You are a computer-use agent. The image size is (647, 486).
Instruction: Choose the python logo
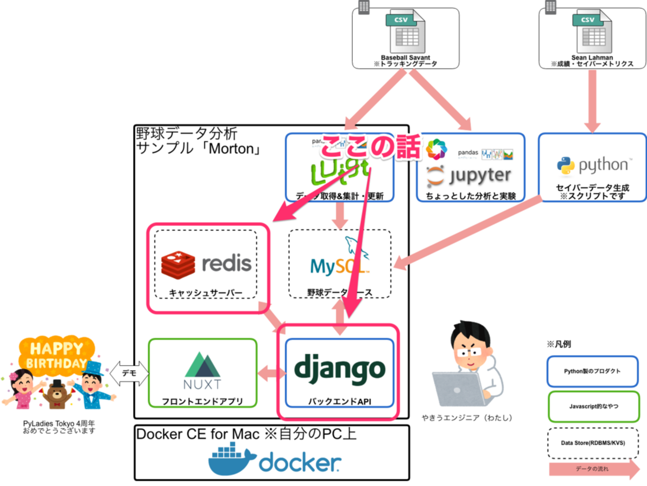(591, 166)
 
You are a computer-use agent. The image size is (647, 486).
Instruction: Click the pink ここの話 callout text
(370, 147)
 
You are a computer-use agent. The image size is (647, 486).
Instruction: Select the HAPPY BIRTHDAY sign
(56, 355)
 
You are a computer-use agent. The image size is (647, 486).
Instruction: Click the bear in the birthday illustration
(58, 394)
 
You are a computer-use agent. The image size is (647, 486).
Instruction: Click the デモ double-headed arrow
(129, 373)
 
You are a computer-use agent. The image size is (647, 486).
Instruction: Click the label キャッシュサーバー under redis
(206, 292)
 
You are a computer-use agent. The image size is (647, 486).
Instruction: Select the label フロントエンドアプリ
(202, 401)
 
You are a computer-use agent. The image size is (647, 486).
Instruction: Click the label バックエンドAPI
(339, 401)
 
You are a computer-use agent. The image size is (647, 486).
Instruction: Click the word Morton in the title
(231, 149)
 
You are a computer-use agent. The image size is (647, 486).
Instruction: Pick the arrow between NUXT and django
(271, 372)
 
